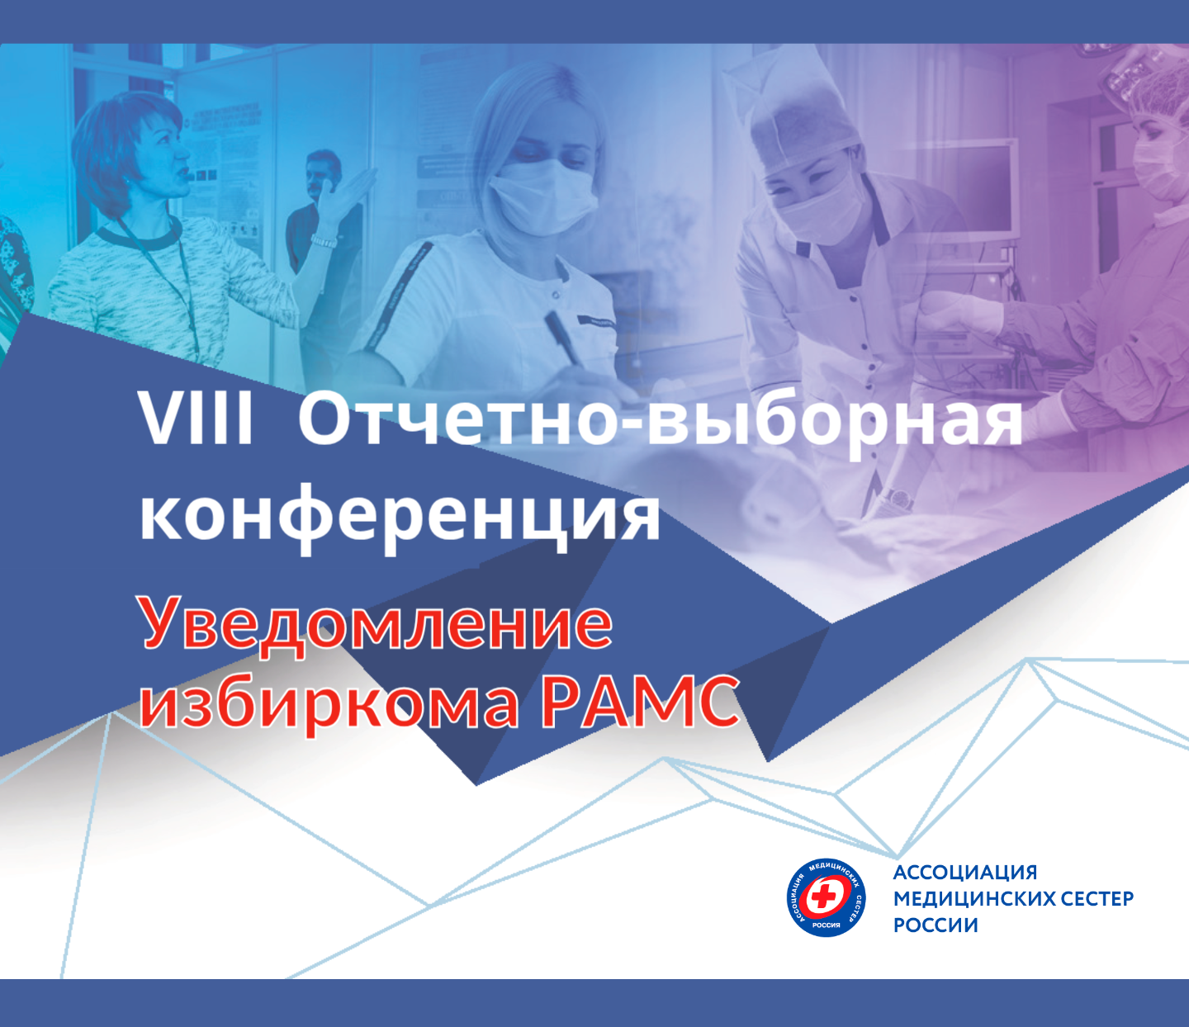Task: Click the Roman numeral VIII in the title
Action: tap(195, 418)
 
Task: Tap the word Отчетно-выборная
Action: tap(661, 424)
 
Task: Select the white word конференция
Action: tap(400, 518)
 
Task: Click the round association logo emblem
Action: tap(826, 897)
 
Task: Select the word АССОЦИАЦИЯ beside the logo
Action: tap(964, 873)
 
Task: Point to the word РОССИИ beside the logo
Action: tap(936, 925)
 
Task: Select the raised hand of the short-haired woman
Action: tap(344, 198)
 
